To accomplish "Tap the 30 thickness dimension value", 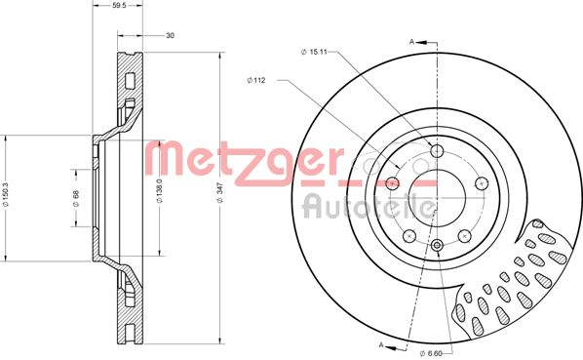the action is [x=170, y=36].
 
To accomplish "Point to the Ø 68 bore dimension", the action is [x=76, y=198].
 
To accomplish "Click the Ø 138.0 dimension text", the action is [x=159, y=190].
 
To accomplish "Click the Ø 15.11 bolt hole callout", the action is [x=314, y=52].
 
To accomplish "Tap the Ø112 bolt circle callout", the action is [x=256, y=80].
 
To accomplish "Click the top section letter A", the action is [x=411, y=42].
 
